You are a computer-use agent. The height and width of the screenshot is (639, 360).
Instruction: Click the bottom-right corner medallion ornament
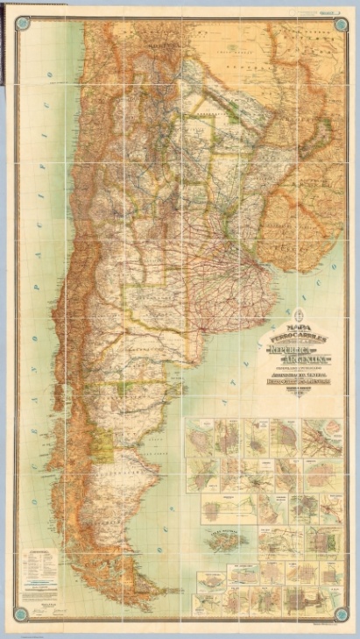[340, 612]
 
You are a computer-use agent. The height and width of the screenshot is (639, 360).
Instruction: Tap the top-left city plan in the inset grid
[199, 435]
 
